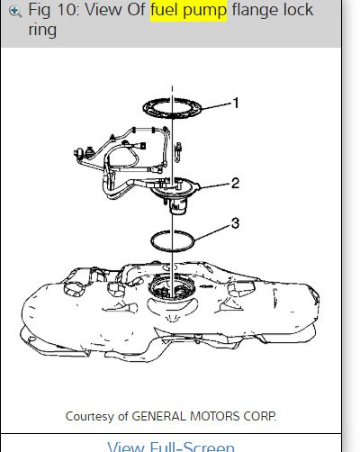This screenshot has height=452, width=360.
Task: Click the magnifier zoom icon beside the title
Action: (x=14, y=11)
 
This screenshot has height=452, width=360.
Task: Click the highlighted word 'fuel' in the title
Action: (x=165, y=10)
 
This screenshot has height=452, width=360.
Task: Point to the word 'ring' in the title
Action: (x=42, y=31)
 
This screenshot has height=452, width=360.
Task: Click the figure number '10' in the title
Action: (x=68, y=10)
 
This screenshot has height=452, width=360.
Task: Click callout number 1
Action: (x=236, y=103)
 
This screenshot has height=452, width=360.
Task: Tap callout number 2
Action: (x=235, y=183)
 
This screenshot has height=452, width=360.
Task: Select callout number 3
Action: (x=235, y=223)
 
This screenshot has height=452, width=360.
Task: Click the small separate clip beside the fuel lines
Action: (x=178, y=152)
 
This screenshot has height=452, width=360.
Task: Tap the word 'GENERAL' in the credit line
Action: (x=159, y=416)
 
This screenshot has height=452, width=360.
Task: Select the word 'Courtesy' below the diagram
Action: (x=90, y=417)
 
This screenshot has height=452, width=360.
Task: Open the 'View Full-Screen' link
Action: (x=171, y=447)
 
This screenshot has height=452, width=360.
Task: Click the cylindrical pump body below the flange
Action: (x=179, y=207)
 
